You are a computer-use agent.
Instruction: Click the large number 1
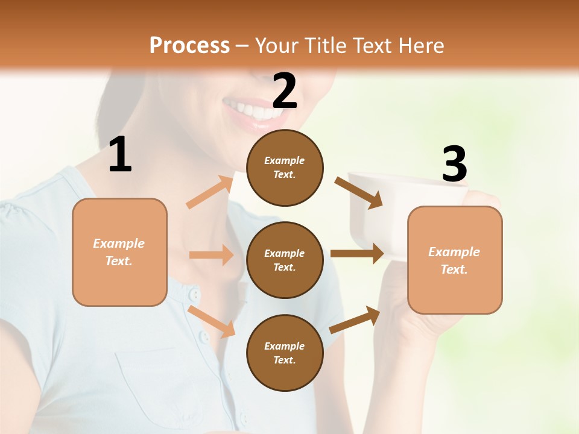coord(120,155)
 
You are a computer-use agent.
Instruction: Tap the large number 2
coord(285,90)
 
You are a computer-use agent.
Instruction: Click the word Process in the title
coord(189,45)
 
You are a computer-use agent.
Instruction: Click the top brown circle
coord(285,168)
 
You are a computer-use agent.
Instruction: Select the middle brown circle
coord(285,260)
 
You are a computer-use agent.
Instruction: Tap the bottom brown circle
coord(285,353)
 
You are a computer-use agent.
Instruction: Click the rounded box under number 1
coord(119,252)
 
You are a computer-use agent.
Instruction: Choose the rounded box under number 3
coord(455,260)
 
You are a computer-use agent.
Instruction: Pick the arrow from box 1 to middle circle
coord(211,255)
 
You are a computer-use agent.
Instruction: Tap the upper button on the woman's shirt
coord(194,294)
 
